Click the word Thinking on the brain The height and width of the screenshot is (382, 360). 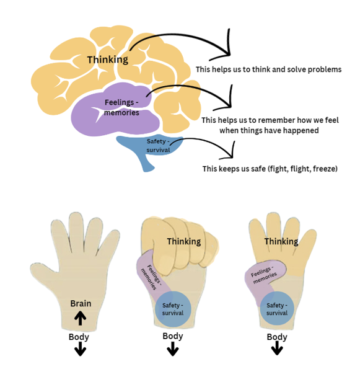[107, 60]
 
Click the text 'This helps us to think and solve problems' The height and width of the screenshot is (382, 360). [268, 69]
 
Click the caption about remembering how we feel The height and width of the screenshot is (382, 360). [269, 125]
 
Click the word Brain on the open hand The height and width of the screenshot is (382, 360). [81, 303]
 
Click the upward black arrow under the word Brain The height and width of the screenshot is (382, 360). [81, 318]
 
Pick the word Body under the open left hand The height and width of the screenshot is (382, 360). [79, 337]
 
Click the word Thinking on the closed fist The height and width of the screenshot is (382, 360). [184, 241]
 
